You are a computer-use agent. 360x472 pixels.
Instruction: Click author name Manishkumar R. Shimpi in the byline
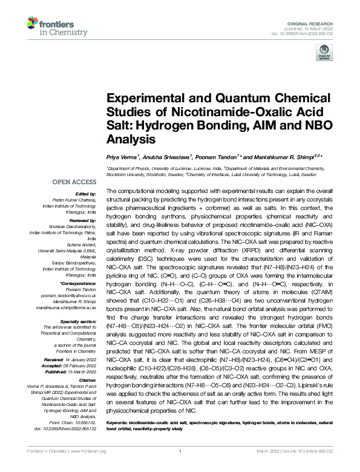click(282, 157)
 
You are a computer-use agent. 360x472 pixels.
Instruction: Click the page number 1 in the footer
click(180, 467)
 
